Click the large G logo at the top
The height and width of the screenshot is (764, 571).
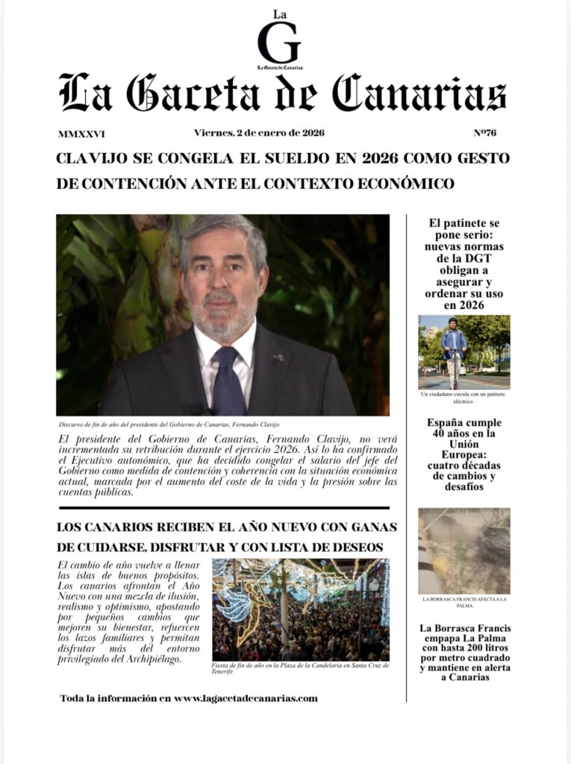[x=278, y=43]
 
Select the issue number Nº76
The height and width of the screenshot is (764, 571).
[x=484, y=134]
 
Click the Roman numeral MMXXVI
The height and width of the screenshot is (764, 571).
[x=81, y=135]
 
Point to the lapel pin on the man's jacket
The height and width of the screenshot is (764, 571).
[x=278, y=359]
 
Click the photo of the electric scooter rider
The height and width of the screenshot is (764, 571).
[x=464, y=351]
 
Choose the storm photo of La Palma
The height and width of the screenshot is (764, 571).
[x=464, y=551]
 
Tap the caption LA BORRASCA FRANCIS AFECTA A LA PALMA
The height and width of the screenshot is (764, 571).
[x=464, y=602]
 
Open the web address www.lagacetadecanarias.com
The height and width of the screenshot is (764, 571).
[x=246, y=698]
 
